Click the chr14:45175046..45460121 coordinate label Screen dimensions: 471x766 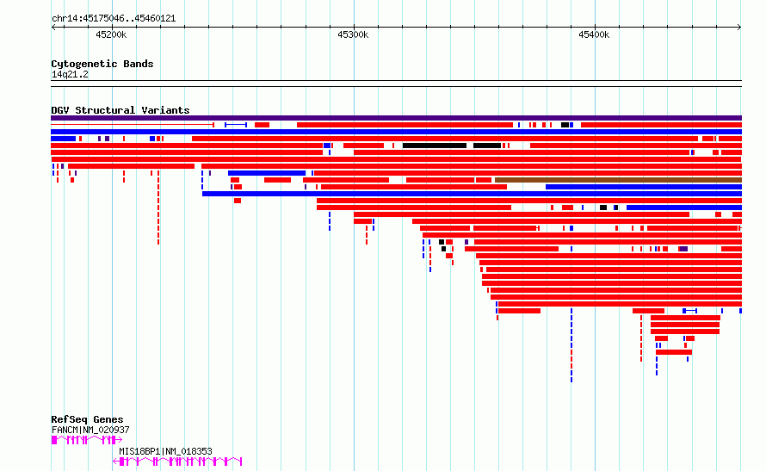[x=114, y=18]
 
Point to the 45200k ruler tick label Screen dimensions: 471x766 [x=111, y=34]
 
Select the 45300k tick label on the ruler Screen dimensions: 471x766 [x=353, y=34]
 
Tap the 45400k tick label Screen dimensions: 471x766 [x=594, y=34]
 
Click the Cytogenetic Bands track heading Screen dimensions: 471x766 [x=102, y=64]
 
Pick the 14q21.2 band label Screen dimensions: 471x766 [x=70, y=74]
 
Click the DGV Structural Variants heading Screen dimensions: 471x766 [x=120, y=110]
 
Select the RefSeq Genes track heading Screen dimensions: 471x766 [x=87, y=419]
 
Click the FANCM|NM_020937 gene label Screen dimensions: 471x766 [x=90, y=430]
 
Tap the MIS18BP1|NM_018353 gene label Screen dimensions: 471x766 [x=165, y=451]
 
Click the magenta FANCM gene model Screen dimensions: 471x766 [x=86, y=439]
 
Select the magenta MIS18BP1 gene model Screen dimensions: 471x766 [x=177, y=462]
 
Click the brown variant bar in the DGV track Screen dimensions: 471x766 [x=617, y=180]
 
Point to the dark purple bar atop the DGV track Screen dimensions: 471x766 [x=396, y=118]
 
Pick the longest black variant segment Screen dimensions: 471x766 [x=434, y=146]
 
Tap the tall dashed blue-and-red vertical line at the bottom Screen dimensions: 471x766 [x=571, y=344]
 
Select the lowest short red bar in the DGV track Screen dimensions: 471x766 [x=673, y=352]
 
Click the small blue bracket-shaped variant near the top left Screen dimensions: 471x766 [x=236, y=125]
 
